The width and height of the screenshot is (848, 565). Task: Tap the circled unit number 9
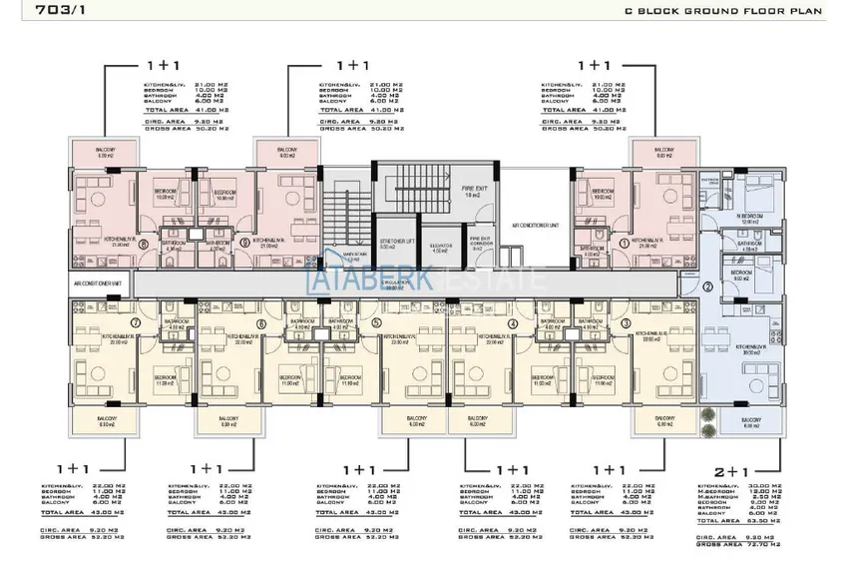pyautogui.click(x=245, y=243)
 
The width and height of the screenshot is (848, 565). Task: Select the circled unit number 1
pyautogui.click(x=625, y=242)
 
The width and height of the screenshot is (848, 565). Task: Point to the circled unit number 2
pyautogui.click(x=707, y=286)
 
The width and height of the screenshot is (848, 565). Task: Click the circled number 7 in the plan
pyautogui.click(x=135, y=323)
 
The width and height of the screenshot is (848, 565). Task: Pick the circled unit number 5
pyautogui.click(x=376, y=323)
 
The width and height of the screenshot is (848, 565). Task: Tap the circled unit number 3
pyautogui.click(x=626, y=323)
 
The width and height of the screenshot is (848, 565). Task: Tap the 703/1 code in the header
pyautogui.click(x=38, y=12)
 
